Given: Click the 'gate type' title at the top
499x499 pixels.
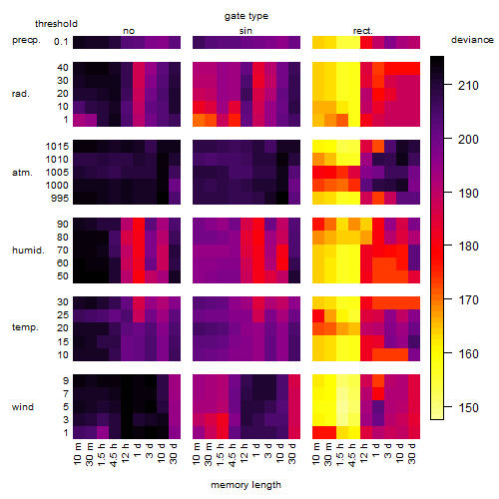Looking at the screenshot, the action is pyautogui.click(x=247, y=16).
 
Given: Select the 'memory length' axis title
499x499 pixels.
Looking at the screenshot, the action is pyautogui.click(x=246, y=485).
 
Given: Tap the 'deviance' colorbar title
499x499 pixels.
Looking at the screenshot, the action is pyautogui.click(x=472, y=40).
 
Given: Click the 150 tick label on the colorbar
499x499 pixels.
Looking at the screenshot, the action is pyautogui.click(x=468, y=407).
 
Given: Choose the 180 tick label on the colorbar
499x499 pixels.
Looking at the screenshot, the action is pyautogui.click(x=468, y=247).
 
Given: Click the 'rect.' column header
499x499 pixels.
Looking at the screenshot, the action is pyautogui.click(x=363, y=31).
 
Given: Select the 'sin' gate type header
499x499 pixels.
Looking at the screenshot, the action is pyautogui.click(x=246, y=31).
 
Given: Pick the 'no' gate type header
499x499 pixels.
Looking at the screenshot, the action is pyautogui.click(x=129, y=31).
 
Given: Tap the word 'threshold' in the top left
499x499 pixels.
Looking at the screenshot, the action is pyautogui.click(x=56, y=24).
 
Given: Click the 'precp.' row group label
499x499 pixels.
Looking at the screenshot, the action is pyautogui.click(x=26, y=40).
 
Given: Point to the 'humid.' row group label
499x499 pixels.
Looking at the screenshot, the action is pyautogui.click(x=28, y=250).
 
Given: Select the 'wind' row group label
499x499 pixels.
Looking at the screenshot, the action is pyautogui.click(x=23, y=407).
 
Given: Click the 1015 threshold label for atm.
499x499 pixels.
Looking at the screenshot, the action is pyautogui.click(x=57, y=147).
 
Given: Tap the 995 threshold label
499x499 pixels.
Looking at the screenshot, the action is pyautogui.click(x=60, y=199).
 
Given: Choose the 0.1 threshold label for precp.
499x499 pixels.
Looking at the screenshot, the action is pyautogui.click(x=61, y=42).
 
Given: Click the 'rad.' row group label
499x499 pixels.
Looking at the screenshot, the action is pyautogui.click(x=21, y=94).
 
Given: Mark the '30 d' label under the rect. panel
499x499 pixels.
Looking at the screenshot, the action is pyautogui.click(x=411, y=453).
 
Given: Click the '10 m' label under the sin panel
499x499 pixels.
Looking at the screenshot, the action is pyautogui.click(x=197, y=454).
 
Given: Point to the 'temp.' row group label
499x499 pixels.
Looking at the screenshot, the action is pyautogui.click(x=25, y=327).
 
